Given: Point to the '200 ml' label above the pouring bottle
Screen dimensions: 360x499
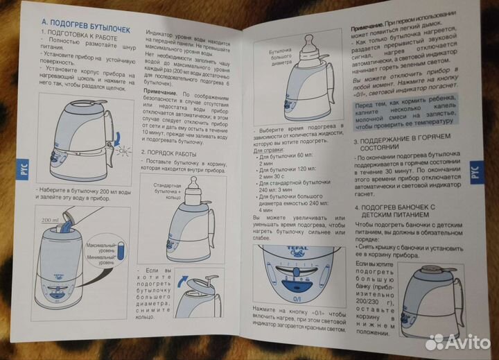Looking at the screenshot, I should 49,220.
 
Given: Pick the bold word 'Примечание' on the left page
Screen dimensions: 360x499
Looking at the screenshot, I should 160,92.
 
